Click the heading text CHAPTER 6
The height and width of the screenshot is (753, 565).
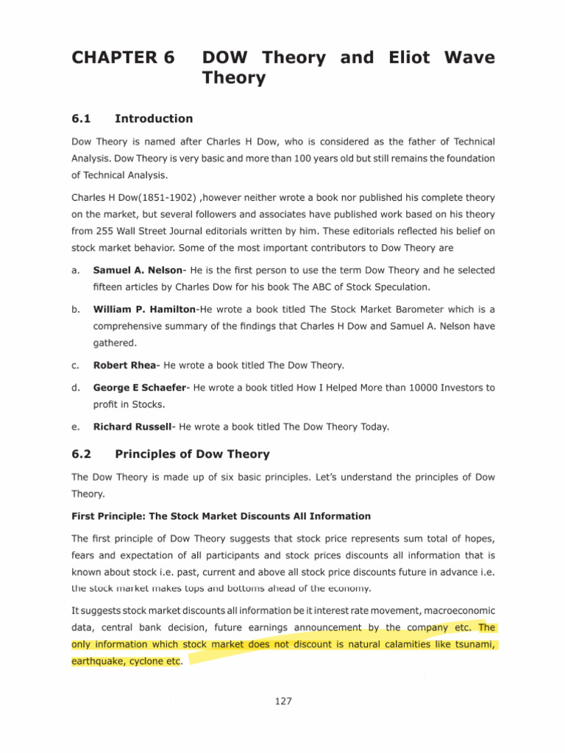(122, 58)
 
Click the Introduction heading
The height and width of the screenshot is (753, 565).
(154, 118)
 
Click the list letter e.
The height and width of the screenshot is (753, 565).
(74, 426)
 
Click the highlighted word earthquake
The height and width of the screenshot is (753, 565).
(99, 661)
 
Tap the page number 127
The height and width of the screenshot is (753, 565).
(283, 701)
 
